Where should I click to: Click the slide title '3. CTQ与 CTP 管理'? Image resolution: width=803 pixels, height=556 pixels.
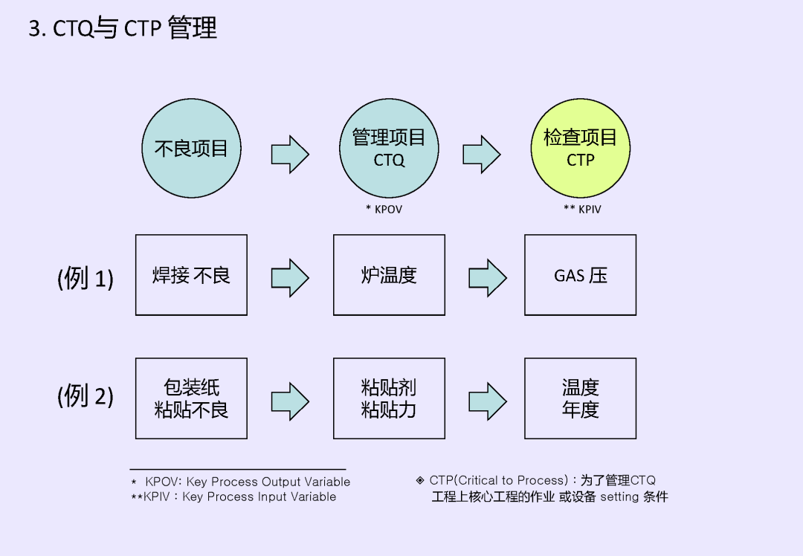pyautogui.click(x=123, y=28)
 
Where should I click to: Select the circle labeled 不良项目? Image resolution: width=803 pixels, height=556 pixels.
pyautogui.click(x=191, y=149)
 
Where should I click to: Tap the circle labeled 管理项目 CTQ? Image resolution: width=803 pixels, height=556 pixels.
pyautogui.click(x=389, y=149)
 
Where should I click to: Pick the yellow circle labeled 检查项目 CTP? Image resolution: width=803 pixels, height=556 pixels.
pyautogui.click(x=581, y=149)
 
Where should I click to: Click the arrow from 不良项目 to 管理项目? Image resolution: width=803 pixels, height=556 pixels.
pyautogui.click(x=290, y=155)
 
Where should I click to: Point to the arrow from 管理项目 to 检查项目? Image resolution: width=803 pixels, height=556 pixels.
pyautogui.click(x=482, y=155)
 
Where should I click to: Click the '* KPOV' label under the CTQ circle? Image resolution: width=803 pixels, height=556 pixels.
pyautogui.click(x=384, y=210)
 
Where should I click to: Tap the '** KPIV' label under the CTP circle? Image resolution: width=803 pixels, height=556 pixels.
pyautogui.click(x=582, y=210)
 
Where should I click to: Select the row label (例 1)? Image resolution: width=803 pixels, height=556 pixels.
pyautogui.click(x=86, y=278)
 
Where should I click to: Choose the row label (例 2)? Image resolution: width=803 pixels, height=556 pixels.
pyautogui.click(x=86, y=395)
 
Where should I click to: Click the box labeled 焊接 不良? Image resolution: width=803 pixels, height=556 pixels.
pyautogui.click(x=191, y=275)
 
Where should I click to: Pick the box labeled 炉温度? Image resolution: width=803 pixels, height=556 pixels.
pyautogui.click(x=389, y=275)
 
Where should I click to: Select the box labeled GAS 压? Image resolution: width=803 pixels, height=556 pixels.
pyautogui.click(x=580, y=275)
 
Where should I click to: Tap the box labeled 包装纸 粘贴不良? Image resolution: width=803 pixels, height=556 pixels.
pyautogui.click(x=191, y=398)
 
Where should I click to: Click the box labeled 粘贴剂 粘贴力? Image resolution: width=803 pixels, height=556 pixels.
pyautogui.click(x=389, y=398)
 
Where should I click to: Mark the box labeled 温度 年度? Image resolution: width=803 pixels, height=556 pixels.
pyautogui.click(x=580, y=398)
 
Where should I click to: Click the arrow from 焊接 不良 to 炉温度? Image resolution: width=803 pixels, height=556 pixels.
pyautogui.click(x=290, y=278)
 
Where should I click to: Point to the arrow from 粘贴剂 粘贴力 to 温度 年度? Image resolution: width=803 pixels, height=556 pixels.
pyautogui.click(x=488, y=401)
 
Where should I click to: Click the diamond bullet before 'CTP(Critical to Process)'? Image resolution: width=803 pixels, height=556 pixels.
pyautogui.click(x=420, y=480)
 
